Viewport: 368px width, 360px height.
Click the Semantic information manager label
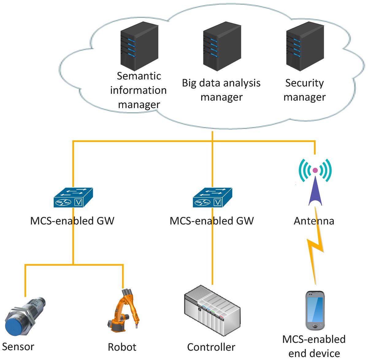[139, 90]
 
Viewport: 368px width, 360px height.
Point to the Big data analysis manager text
[221, 90]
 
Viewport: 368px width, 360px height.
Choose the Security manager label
[304, 90]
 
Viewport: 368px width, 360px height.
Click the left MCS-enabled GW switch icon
[73, 198]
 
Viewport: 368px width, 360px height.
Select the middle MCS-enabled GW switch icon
[212, 198]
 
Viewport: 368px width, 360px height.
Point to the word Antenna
[314, 221]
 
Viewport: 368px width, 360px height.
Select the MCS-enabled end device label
[314, 346]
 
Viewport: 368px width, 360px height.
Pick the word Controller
[211, 347]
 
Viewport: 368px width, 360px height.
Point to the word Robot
[122, 347]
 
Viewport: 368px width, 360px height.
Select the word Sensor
[18, 347]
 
